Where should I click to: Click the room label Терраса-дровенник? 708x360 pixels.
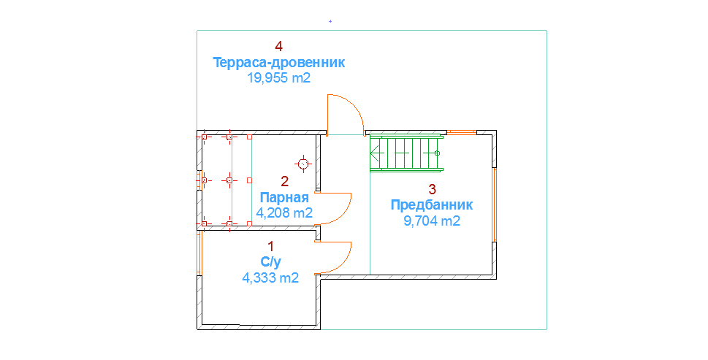[278, 63]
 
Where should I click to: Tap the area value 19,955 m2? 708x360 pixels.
[278, 78]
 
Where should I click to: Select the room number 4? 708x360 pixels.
[278, 46]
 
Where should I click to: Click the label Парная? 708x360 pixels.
[284, 198]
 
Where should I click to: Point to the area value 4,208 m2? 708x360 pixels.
[284, 213]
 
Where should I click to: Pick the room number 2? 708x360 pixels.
[285, 181]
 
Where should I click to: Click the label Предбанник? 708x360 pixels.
[432, 204]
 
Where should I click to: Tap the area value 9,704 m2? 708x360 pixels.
[432, 221]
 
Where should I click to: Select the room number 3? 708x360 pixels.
[432, 188]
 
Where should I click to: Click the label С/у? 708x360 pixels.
[270, 261]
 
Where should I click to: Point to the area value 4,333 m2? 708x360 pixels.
[270, 277]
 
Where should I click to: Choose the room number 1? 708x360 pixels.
[270, 246]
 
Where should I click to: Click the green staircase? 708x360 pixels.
[406, 153]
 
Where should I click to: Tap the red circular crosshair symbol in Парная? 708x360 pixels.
[303, 164]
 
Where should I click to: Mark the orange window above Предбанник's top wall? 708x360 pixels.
[461, 132]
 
